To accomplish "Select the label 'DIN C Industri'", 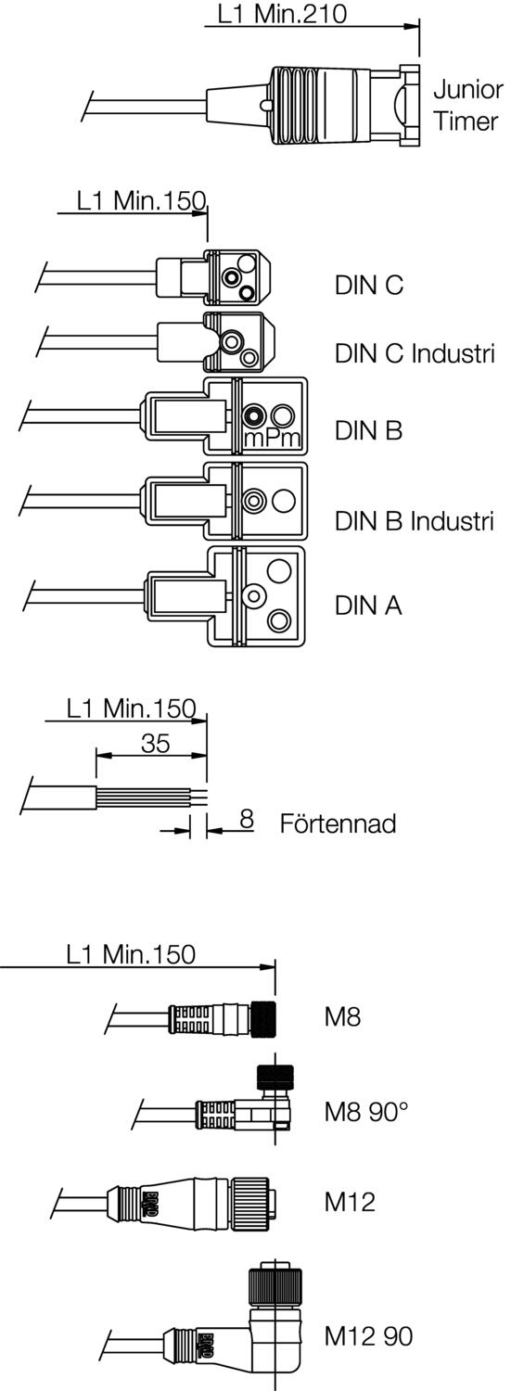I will tap(415, 353).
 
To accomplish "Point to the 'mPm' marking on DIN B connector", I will tap(272, 438).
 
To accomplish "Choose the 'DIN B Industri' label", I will tap(415, 520).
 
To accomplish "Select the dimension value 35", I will tap(155, 743).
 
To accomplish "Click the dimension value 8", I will tap(246, 819).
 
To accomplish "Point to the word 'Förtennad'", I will tap(338, 823).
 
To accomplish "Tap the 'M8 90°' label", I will tap(365, 1111).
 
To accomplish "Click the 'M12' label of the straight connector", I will tap(349, 1202).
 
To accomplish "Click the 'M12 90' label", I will tap(368, 1336).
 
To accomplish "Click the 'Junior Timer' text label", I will tap(466, 106).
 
